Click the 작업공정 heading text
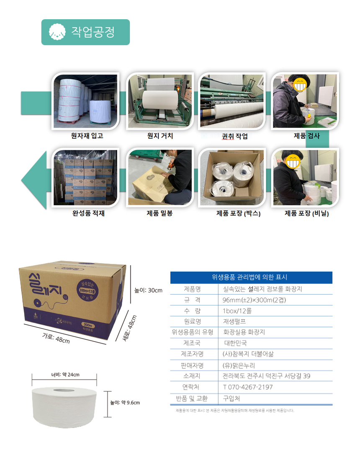(x=93, y=32)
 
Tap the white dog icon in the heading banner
(x=56, y=32)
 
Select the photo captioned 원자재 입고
(x=85, y=101)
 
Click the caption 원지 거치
(x=160, y=136)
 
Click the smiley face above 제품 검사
(x=301, y=85)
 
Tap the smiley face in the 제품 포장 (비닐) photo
(x=293, y=161)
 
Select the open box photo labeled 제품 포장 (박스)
(x=231, y=178)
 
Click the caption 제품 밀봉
(x=159, y=213)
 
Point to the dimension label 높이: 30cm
(x=148, y=290)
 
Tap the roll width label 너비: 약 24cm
(x=65, y=374)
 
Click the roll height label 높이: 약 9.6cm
(x=125, y=403)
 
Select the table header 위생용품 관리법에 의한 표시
(x=251, y=277)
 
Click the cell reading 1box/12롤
(x=237, y=311)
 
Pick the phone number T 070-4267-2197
(x=248, y=387)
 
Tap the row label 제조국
(x=192, y=343)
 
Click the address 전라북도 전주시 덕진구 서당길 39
(x=267, y=376)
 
